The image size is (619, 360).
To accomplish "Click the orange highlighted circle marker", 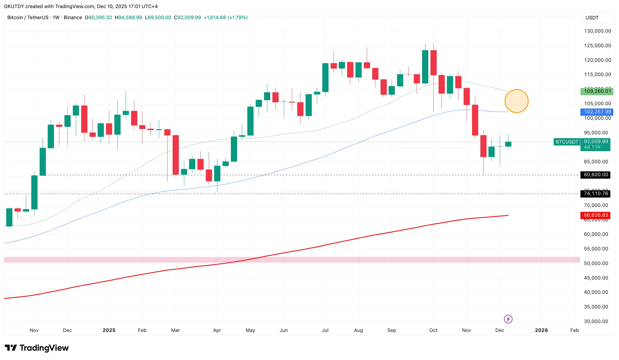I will point(516,101).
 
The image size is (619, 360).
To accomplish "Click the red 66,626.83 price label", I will point(596,215).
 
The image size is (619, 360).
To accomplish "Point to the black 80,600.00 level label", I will point(596,175).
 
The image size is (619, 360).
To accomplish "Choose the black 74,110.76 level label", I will point(596,193).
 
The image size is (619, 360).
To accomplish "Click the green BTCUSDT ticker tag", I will point(567,142).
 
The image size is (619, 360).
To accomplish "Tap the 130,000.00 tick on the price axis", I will point(597,31).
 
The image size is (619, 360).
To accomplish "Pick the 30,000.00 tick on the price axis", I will point(596,321).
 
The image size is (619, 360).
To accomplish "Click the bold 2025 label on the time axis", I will point(109,330).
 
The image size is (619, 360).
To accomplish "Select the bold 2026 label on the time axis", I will point(541,330).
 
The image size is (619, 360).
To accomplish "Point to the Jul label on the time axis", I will point(325,330).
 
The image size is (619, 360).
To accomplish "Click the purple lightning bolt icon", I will point(508,319).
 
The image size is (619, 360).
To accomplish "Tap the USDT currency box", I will point(592,18).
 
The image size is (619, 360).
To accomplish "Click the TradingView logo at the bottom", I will point(37,348).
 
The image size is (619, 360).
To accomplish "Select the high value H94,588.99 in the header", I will point(128,18).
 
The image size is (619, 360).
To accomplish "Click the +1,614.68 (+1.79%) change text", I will point(225,18).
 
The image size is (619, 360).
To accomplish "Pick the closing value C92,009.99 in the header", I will point(187,18).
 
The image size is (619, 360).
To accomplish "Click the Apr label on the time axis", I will point(217,330).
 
